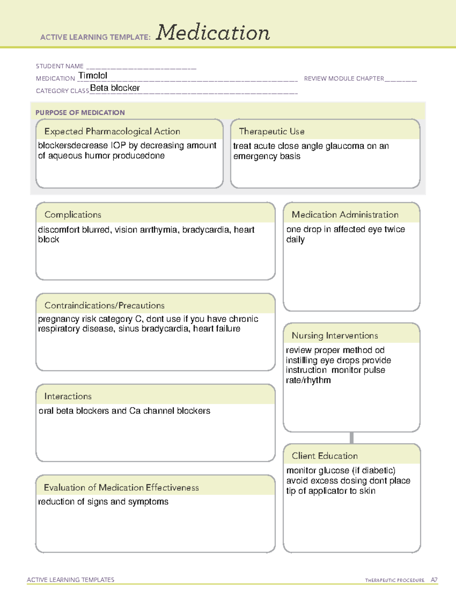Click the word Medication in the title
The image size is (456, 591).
[x=213, y=33]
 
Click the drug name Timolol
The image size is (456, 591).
[x=93, y=75]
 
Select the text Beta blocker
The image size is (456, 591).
[x=115, y=88]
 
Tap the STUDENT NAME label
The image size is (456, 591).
[x=60, y=66]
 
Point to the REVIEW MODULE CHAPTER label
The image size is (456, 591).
[x=344, y=78]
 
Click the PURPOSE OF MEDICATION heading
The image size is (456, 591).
[x=80, y=113]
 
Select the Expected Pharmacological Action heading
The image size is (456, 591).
[x=112, y=131]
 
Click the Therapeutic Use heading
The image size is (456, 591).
[x=272, y=131]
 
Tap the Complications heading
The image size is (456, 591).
[x=73, y=215]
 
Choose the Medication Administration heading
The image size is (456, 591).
[x=345, y=215]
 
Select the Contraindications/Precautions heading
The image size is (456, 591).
[x=104, y=305]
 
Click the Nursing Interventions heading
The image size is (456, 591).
[x=335, y=336]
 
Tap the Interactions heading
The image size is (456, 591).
[x=68, y=396]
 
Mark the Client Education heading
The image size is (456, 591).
[x=325, y=456]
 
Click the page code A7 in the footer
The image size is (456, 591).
[x=434, y=580]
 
